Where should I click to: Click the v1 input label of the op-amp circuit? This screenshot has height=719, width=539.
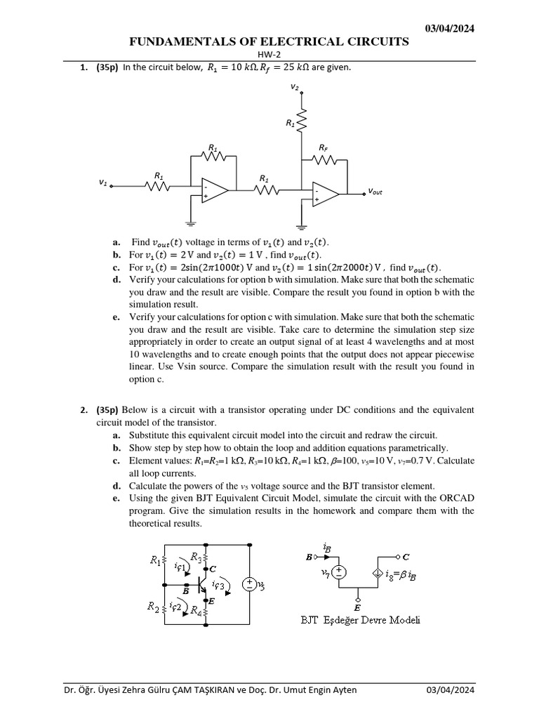[x=103, y=183]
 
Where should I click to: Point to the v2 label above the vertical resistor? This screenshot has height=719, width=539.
[x=295, y=87]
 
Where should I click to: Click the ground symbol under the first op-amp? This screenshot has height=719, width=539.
[x=190, y=223]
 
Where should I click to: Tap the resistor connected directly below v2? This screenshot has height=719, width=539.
[x=301, y=121]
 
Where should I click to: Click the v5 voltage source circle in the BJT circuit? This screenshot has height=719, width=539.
[x=248, y=584]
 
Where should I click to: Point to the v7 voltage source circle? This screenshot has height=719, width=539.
[x=339, y=572]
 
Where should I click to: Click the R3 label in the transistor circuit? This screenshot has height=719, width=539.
[x=196, y=557]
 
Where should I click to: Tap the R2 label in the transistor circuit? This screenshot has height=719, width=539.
[x=153, y=605]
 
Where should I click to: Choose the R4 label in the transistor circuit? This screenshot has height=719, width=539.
[x=197, y=610]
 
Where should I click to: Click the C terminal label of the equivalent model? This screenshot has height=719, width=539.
[x=406, y=557]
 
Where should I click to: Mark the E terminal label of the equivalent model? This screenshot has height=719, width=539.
[x=357, y=607]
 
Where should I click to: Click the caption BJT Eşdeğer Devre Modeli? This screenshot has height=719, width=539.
[x=361, y=620]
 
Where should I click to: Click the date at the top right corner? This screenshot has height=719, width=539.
[x=451, y=28]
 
